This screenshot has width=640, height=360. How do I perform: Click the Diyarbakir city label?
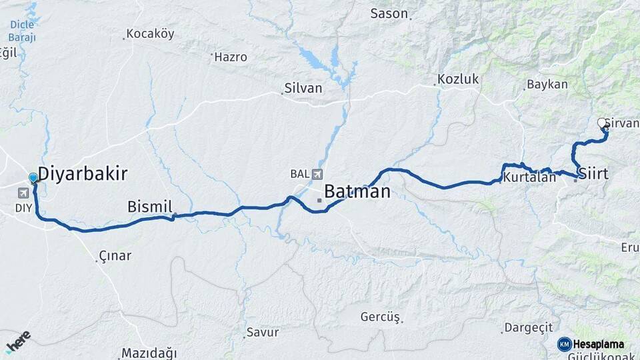coord(82,175)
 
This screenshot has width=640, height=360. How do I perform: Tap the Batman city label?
coord(357,192)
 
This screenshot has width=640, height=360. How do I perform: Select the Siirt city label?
coord(594,174)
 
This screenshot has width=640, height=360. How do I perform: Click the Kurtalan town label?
coord(530,178)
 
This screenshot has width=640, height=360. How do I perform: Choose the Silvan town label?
coord(303,88)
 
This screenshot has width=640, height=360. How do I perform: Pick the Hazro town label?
coord(231,57)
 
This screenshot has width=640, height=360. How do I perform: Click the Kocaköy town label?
coord(150,33)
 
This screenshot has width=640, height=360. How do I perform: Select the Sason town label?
coord(389,13)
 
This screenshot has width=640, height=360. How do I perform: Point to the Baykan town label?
coord(547,85)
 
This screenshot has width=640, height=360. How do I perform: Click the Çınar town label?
coord(115,255)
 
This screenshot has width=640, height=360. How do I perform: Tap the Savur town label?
coord(262,332)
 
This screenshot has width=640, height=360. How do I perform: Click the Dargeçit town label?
coord(529,327)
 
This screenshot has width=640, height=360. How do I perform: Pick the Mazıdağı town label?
coord(149,353)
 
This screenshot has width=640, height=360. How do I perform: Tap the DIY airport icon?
coord(25,193)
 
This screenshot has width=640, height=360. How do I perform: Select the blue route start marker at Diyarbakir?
coord(33,178)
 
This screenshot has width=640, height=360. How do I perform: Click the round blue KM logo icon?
coord(564,344)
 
